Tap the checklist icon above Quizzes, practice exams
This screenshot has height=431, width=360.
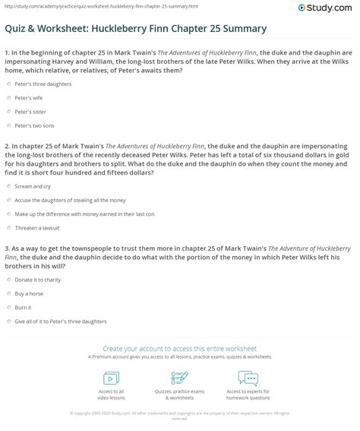(x=180, y=379)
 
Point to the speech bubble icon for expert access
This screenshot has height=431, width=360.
(x=248, y=379)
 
